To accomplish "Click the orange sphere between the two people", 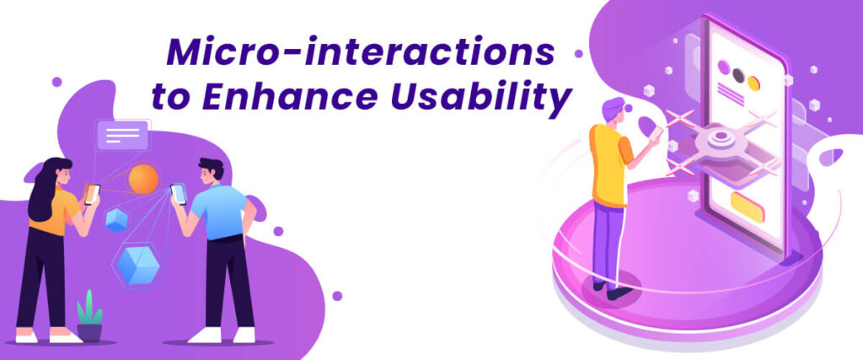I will (x=143, y=179).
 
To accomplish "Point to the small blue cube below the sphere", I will (x=116, y=220).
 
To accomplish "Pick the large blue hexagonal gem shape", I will (x=137, y=264).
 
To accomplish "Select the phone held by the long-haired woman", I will (x=92, y=194).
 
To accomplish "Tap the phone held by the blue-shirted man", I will (x=179, y=194).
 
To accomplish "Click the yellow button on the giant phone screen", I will (x=747, y=206).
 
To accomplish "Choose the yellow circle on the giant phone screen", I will (x=753, y=83).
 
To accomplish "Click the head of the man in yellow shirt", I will (x=614, y=111).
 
